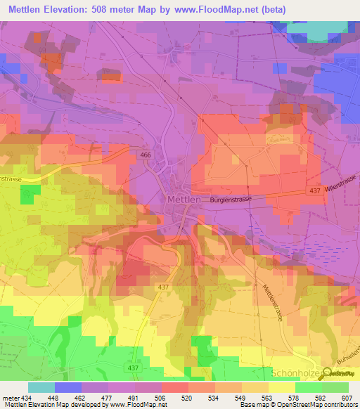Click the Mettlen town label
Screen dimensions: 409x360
(x=186, y=200)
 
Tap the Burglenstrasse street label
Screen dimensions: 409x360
(x=231, y=200)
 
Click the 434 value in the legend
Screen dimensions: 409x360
(x=27, y=398)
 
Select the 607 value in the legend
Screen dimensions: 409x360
(x=345, y=398)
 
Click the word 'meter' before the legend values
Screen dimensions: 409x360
(x=10, y=398)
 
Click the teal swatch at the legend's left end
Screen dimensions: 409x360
(x=41, y=387)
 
